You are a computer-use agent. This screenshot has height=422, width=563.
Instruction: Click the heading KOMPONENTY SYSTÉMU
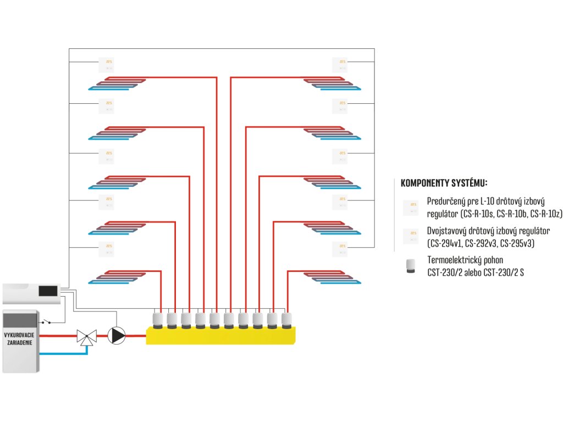[x=444, y=183]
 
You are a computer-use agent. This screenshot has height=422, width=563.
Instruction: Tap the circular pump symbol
[x=116, y=335]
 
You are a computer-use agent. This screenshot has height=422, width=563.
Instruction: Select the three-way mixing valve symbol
[x=86, y=336]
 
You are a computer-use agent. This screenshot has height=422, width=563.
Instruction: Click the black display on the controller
[x=48, y=291]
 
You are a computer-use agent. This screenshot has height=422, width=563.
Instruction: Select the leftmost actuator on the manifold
[x=158, y=320]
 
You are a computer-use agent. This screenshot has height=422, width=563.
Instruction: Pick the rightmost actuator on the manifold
[x=287, y=320]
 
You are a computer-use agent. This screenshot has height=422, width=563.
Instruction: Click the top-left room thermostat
[x=106, y=65]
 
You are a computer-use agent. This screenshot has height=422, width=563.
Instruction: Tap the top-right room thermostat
[x=340, y=65]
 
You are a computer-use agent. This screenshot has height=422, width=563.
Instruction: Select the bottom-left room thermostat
[x=106, y=249]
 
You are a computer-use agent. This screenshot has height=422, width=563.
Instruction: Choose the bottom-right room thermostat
[x=340, y=249]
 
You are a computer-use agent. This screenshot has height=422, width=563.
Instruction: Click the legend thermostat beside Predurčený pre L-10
[x=410, y=208]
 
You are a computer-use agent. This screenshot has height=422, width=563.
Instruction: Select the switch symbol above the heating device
[x=51, y=320]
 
